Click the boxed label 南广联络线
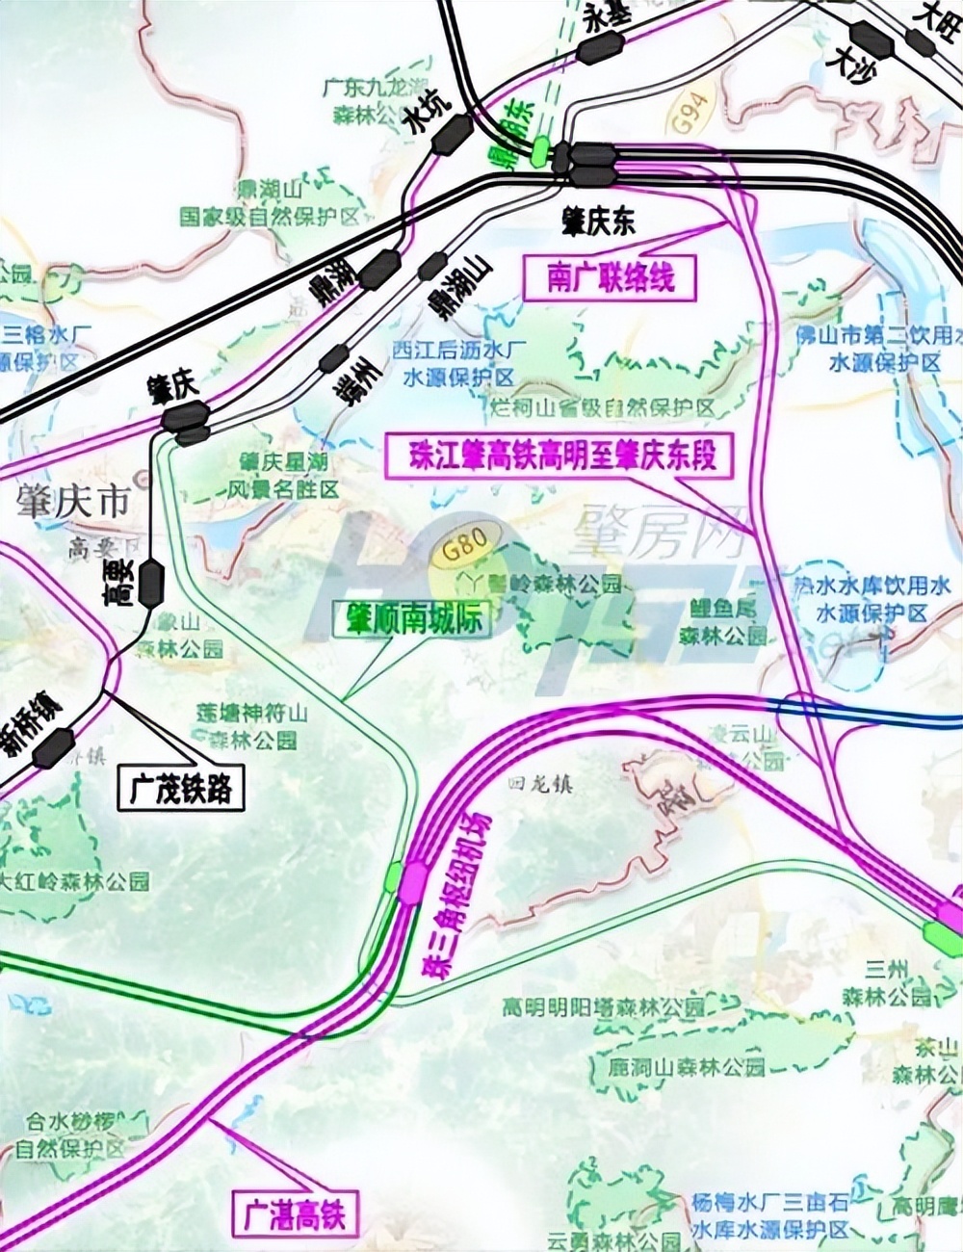[x=610, y=277]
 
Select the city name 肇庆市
[x=72, y=502]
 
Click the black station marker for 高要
[x=151, y=583]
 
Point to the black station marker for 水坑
[x=452, y=134]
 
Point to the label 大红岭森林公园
[x=75, y=879]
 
